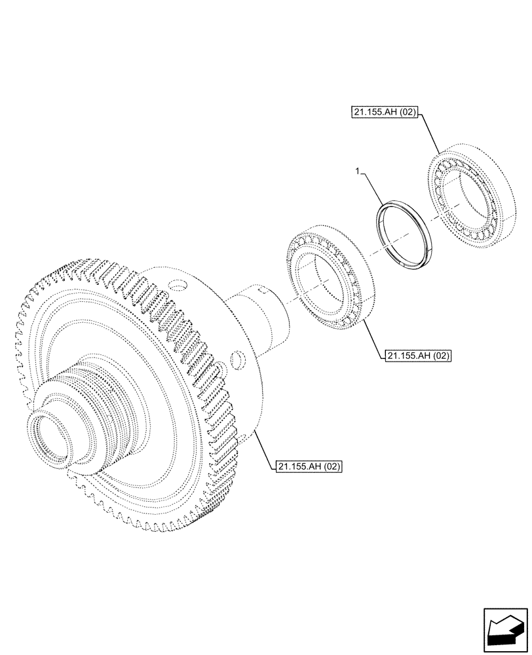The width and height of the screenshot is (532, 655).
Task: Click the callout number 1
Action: pyautogui.click(x=356, y=171)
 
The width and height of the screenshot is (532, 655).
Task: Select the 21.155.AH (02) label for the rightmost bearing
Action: pyautogui.click(x=382, y=113)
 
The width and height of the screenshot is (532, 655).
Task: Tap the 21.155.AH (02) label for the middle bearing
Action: pyautogui.click(x=419, y=356)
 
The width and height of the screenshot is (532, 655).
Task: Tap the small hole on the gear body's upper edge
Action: pyautogui.click(x=178, y=286)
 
